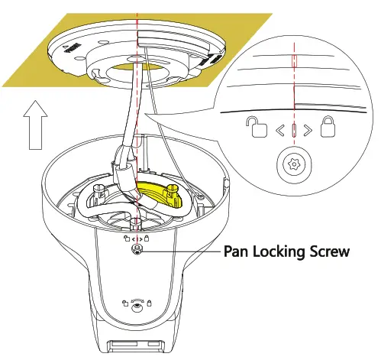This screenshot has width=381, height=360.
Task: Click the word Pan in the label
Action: click(x=237, y=250)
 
